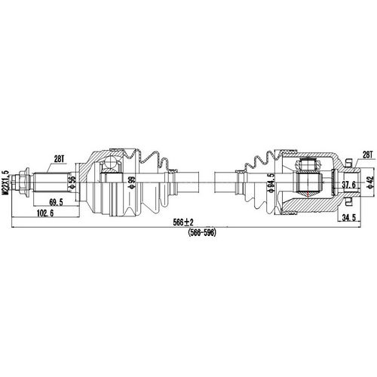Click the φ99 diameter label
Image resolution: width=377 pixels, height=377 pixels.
(131, 182)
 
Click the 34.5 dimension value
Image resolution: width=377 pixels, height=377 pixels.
(348, 219)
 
